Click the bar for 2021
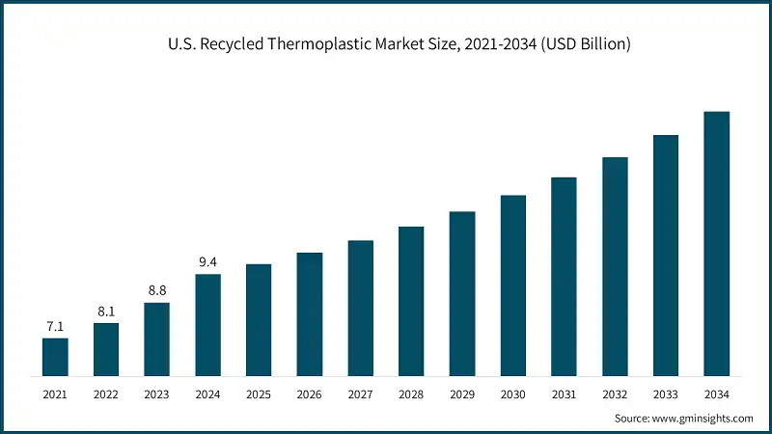(x=55, y=356)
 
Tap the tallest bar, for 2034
(x=716, y=243)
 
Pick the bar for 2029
(x=462, y=293)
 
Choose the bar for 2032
(x=615, y=266)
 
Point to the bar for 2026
(x=310, y=313)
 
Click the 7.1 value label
(x=55, y=327)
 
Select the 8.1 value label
(x=106, y=312)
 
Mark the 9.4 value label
(x=207, y=262)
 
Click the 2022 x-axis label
(x=106, y=395)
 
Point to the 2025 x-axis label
(x=259, y=395)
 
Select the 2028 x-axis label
(x=411, y=395)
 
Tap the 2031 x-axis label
(x=564, y=395)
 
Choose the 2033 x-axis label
(x=665, y=395)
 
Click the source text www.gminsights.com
(x=703, y=418)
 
